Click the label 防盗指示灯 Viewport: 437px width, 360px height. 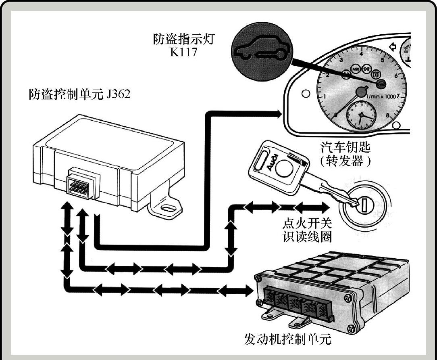pos(184,40)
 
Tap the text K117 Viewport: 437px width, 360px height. pos(184,52)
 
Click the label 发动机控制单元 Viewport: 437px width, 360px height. pos(287,339)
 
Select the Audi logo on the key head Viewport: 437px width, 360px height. pos(271,162)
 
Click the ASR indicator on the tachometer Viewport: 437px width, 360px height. pos(356,69)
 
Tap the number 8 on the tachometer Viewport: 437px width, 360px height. pos(387,116)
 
